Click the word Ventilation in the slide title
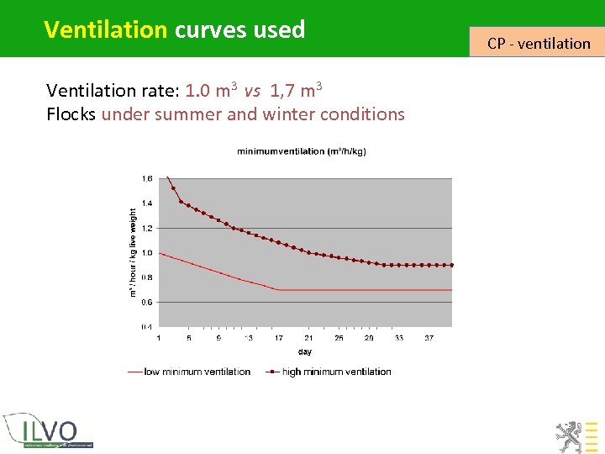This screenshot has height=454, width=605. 105,29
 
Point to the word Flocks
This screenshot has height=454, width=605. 71,114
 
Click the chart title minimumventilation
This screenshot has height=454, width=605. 301,151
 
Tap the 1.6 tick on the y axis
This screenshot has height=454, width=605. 147,179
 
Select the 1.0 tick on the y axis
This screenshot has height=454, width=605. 147,253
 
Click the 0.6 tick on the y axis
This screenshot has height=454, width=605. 147,302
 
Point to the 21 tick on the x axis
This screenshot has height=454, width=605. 308,339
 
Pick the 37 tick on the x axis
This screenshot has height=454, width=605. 429,339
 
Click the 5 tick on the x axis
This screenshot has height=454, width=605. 189,339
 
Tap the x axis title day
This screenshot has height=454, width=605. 304,351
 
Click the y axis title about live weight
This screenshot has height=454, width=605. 132,252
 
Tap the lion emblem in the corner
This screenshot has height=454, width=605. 568,436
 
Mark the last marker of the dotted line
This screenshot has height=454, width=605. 451,265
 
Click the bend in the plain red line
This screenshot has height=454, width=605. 278,290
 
